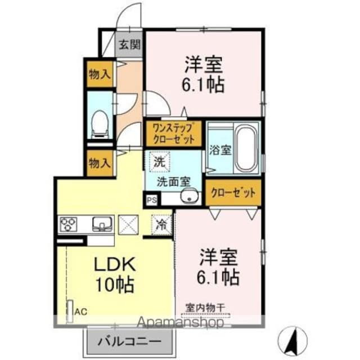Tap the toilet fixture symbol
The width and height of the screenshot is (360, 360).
(x=100, y=123)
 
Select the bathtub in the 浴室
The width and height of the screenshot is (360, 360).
(x=245, y=148)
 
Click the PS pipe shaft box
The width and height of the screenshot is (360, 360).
(x=152, y=199)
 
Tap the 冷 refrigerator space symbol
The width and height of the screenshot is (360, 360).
(x=161, y=224)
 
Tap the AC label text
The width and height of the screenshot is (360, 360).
(x=80, y=310)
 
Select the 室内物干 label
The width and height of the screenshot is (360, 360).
(x=205, y=308)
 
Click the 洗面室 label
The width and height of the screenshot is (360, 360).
(x=173, y=181)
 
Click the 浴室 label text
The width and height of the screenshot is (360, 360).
(x=218, y=150)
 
